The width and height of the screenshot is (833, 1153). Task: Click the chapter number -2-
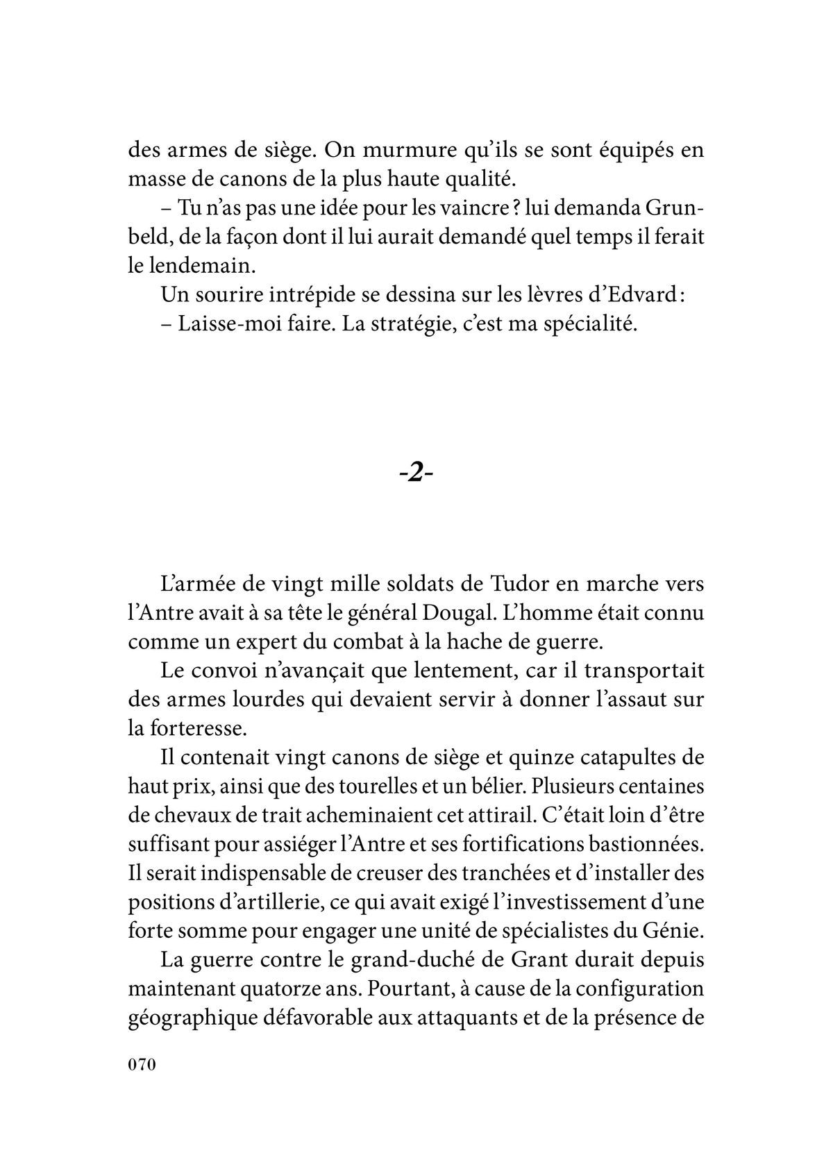(416, 474)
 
